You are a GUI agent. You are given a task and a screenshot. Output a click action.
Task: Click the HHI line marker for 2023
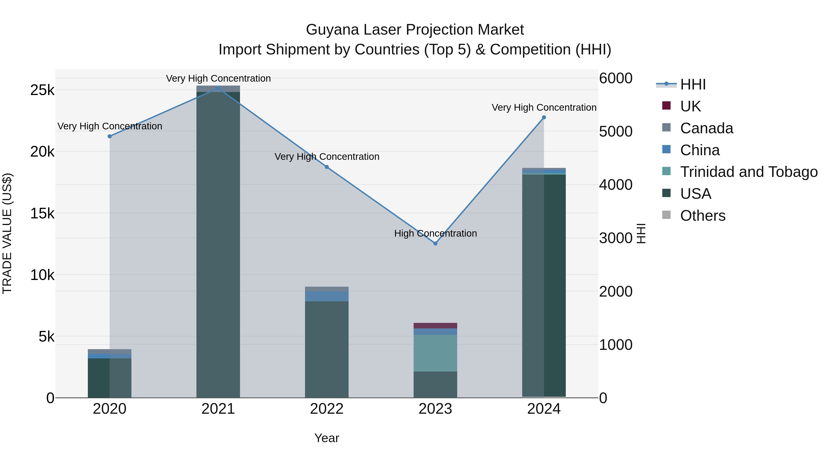435,243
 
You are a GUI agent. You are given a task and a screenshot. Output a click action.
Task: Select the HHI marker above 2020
110,136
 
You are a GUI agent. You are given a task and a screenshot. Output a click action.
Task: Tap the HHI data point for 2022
327,167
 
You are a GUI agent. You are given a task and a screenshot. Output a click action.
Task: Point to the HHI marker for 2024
544,118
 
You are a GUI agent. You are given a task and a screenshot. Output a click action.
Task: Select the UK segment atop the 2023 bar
435,325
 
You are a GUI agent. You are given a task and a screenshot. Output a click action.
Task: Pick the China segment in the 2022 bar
327,296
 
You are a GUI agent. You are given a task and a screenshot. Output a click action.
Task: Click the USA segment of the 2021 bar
218,245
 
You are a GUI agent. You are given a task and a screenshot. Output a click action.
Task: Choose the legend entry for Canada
706,128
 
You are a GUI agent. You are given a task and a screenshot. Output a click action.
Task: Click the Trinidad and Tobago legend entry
748,172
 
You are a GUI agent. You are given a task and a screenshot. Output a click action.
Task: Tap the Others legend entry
703,216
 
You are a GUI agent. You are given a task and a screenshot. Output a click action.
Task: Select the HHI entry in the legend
693,84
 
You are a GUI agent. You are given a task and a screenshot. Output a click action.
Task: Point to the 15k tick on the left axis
42,213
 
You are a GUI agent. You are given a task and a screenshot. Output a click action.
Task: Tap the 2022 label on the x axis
327,409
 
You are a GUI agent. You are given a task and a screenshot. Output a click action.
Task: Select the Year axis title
327,438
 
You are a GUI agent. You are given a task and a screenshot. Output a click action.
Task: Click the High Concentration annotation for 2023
435,233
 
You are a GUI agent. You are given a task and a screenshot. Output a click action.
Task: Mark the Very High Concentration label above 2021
218,78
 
